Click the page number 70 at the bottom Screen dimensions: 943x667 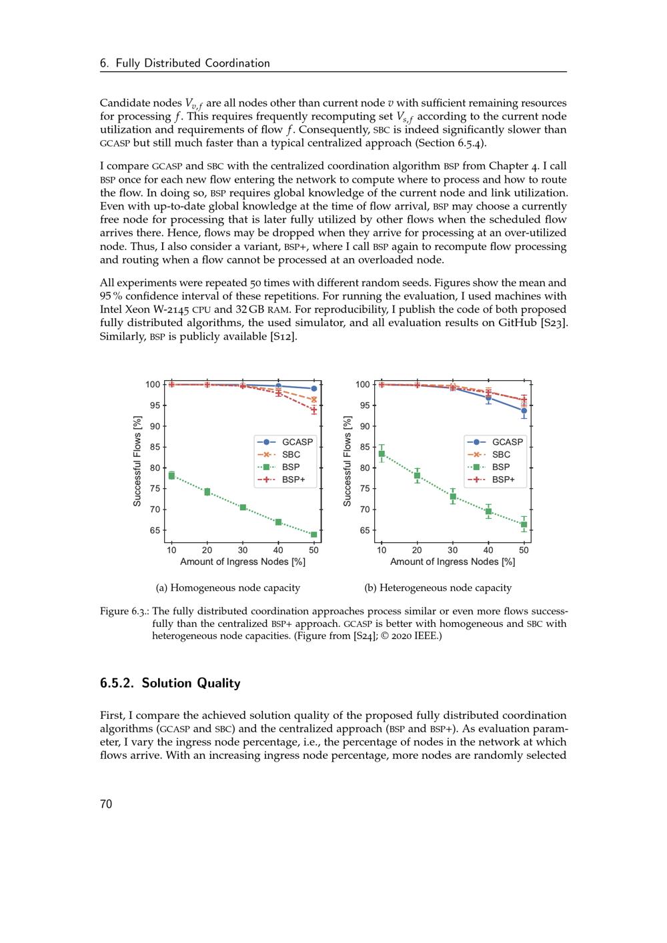[106, 804]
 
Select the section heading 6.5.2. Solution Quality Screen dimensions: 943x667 [170, 683]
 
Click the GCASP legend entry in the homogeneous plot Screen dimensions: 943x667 [297, 442]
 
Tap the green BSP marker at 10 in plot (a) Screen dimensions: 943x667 [171, 476]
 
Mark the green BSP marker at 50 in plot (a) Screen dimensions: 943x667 [313, 535]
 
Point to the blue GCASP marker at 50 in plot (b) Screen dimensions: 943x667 [524, 411]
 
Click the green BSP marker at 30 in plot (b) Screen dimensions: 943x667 [453, 496]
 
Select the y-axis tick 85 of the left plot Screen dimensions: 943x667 [154, 447]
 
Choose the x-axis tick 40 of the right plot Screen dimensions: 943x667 [488, 550]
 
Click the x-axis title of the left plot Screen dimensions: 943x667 [243, 562]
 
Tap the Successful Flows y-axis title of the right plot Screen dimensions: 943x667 [347, 461]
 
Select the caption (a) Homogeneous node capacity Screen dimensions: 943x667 [228, 588]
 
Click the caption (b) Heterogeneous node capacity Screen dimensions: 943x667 [438, 588]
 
